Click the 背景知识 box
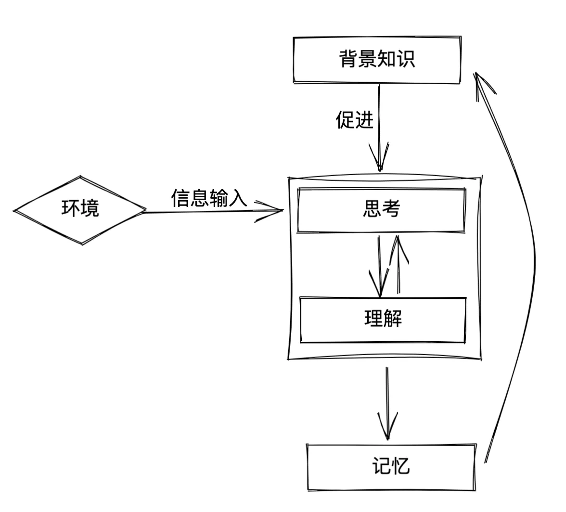point(377,60)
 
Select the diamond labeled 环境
point(80,209)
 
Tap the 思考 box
point(381,210)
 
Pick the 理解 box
point(383,320)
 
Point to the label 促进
point(354,120)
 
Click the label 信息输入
point(209,198)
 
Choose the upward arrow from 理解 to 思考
point(398,265)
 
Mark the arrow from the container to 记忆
point(387,404)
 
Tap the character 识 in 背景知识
point(406,60)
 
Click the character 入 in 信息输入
point(238,198)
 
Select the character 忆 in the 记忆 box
point(401,467)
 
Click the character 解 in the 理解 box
point(393,320)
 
